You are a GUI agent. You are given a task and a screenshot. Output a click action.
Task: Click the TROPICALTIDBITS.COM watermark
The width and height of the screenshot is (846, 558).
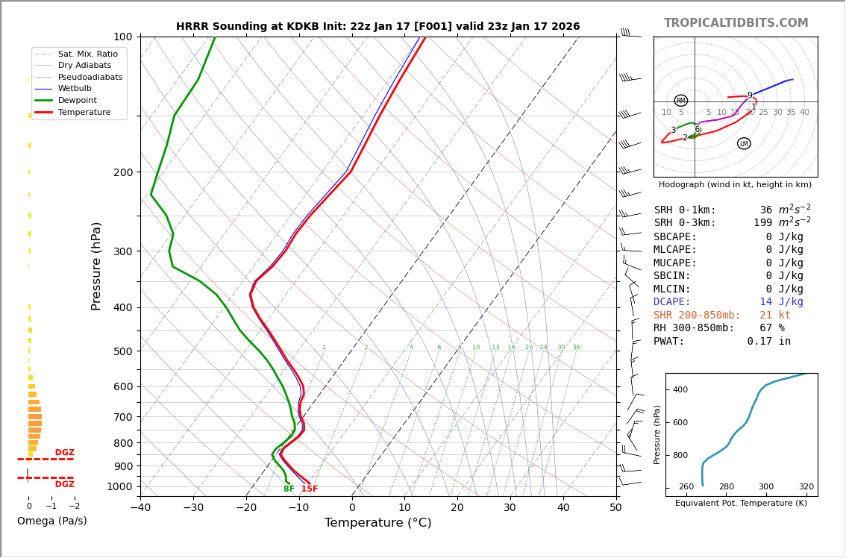[736, 23]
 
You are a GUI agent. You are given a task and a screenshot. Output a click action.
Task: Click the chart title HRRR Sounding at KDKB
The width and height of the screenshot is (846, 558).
[377, 26]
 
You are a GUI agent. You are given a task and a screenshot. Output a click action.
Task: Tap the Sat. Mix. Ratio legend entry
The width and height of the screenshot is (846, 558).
[87, 54]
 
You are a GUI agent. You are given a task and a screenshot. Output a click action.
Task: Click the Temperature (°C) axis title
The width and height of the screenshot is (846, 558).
[377, 524]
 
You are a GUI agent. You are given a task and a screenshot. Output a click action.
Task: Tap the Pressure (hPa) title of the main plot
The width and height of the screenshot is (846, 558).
[96, 266]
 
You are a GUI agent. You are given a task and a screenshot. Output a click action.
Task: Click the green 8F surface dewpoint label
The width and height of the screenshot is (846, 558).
[289, 489]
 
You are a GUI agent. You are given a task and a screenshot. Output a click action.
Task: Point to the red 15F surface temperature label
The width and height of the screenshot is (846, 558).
[310, 489]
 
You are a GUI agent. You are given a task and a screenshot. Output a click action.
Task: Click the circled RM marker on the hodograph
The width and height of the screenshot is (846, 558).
[680, 101]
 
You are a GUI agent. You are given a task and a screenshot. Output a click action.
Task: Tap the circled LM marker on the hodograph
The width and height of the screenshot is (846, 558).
[744, 143]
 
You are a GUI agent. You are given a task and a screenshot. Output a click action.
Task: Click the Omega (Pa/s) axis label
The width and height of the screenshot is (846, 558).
[51, 521]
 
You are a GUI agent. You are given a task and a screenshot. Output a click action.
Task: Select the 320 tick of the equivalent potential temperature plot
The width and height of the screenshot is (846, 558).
[806, 487]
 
